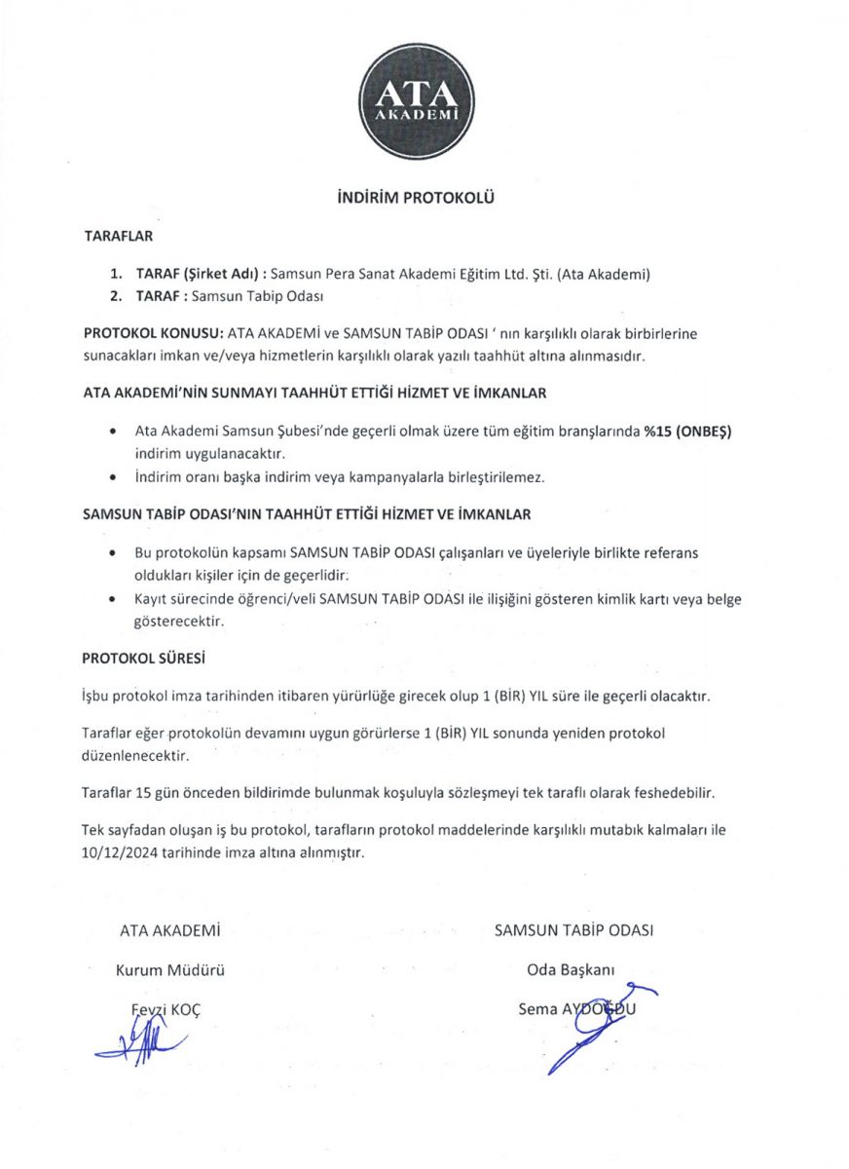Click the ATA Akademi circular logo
417,101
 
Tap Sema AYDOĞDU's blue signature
584,1028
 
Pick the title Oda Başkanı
571,970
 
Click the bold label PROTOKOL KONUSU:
153,333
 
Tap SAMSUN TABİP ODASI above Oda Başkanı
573,930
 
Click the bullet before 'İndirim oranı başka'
116,478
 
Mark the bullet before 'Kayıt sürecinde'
116,600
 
